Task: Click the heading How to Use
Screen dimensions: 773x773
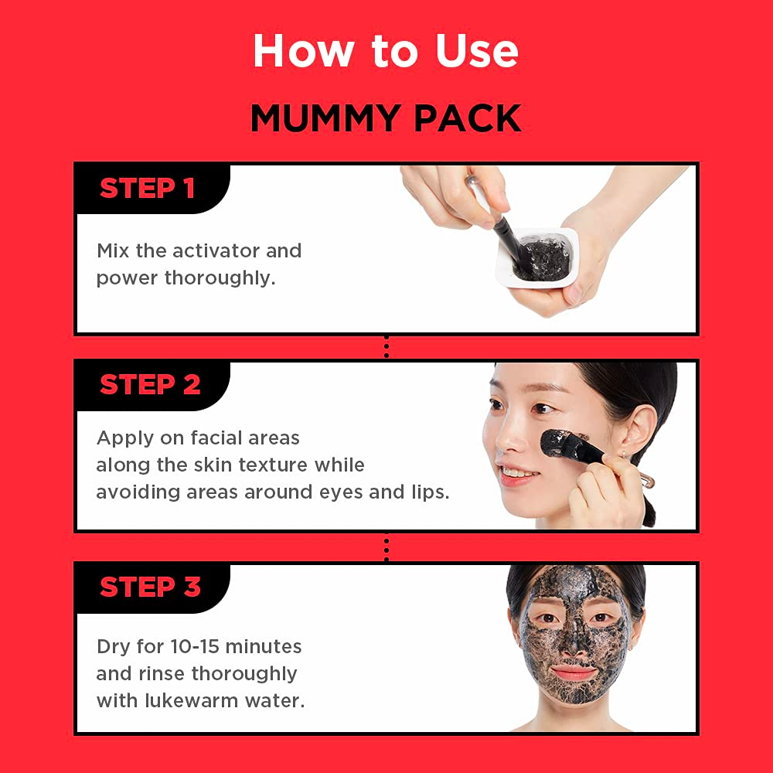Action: [386, 50]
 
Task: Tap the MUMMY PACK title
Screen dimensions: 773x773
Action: [386, 118]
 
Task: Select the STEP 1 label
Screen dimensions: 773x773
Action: [147, 188]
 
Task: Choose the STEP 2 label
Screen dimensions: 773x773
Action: [150, 384]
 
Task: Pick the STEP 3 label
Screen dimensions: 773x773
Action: [150, 587]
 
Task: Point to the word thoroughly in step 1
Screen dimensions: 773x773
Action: [220, 278]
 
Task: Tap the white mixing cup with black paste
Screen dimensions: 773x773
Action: [537, 258]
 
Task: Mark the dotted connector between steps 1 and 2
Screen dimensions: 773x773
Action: [386, 347]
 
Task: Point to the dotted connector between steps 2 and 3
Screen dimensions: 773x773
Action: [386, 549]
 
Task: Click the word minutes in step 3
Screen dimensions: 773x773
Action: [264, 646]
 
